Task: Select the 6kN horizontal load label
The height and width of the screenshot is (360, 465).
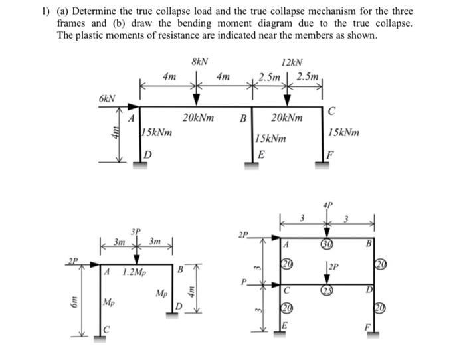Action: tap(107, 98)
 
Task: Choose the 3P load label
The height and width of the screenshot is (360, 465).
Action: tap(136, 231)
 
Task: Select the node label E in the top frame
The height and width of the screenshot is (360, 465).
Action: tap(262, 157)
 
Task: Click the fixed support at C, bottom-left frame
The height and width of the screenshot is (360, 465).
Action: tap(101, 339)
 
